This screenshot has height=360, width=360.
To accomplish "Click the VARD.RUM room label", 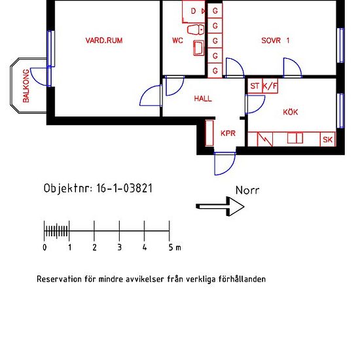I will point(104,41).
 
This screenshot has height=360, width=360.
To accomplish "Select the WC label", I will point(177,41).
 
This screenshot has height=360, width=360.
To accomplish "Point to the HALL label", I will point(203,99).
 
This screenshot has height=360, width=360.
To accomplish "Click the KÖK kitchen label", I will point(290,113).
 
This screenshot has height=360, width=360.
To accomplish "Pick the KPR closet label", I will point(228,134).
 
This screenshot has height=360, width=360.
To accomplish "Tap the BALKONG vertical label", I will point(26,86).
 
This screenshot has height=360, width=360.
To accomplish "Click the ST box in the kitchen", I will point(255,86).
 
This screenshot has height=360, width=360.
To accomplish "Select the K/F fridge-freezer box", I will point(269,86).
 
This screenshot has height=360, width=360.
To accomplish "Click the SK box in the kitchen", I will point(328,139).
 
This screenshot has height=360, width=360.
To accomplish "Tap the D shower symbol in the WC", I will point(194,11).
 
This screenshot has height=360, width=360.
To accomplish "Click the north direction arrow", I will point(221,206).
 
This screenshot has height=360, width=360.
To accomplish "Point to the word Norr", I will point(247,191).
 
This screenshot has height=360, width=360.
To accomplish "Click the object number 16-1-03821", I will point(125,187).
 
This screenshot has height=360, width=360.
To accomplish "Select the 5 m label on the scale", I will point(173,247).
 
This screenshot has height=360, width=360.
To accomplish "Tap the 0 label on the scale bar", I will point(45,247).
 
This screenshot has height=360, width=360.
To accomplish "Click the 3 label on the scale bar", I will point(119,247).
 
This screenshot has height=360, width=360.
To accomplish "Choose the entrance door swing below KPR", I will point(225,164).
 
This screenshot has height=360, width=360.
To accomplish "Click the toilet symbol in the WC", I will point(194,30).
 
